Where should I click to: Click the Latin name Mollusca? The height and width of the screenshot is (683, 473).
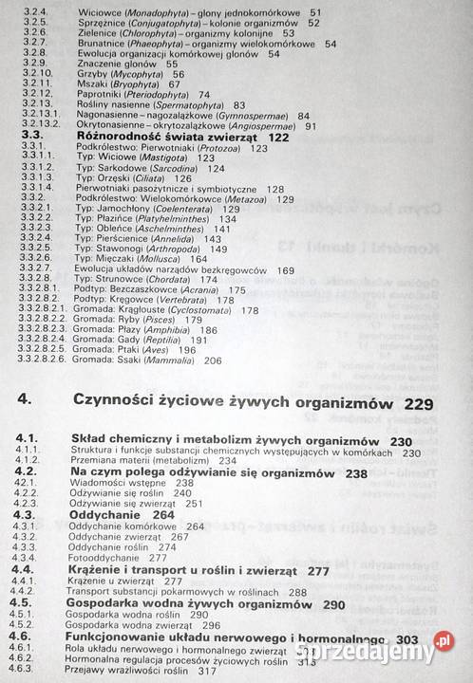pyautogui.click(x=158, y=259)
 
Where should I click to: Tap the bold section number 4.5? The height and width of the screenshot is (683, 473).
pyautogui.click(x=26, y=602)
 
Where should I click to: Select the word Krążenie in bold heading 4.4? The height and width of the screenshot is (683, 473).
pyautogui.click(x=102, y=570)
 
